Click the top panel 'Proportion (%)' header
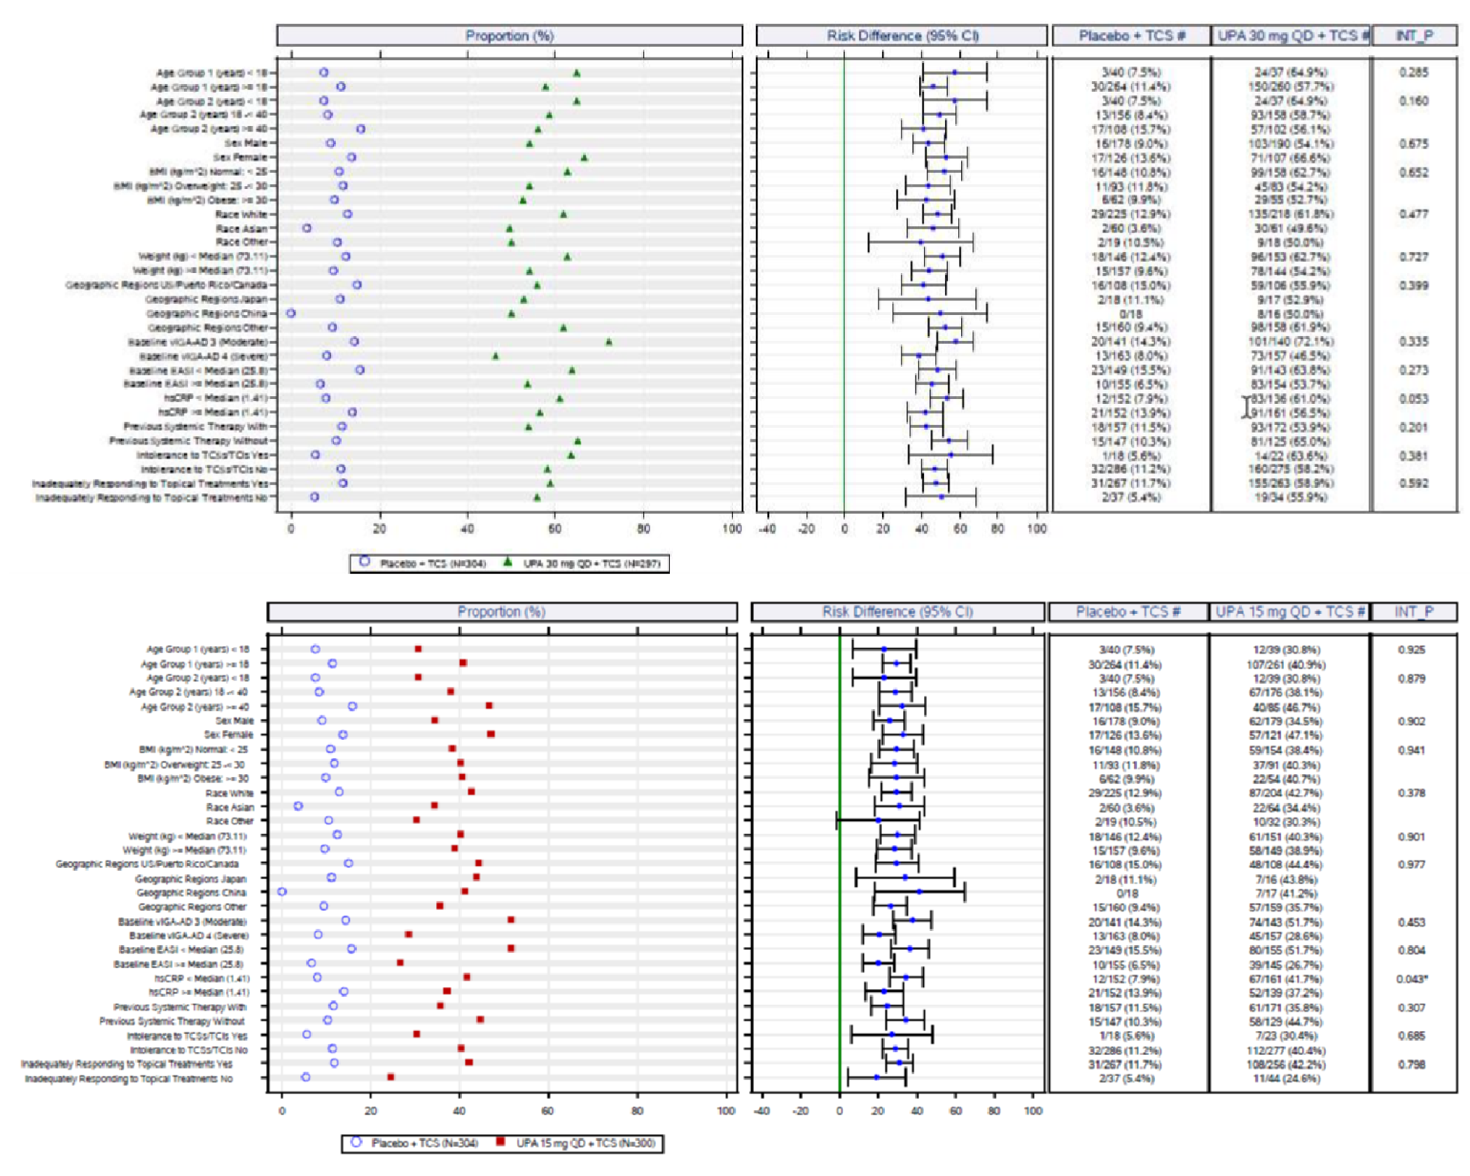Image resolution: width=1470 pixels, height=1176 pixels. (x=509, y=36)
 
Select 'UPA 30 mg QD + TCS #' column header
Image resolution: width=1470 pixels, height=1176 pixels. (x=1291, y=36)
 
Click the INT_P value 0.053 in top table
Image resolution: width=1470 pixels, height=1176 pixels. (x=1413, y=398)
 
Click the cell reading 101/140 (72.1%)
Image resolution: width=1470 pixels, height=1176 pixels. (x=1289, y=342)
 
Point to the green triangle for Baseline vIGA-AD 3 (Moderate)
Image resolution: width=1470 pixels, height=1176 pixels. (x=608, y=342)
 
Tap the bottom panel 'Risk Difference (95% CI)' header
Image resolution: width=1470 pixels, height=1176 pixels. (x=897, y=612)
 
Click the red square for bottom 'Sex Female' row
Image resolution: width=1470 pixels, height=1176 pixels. (x=491, y=734)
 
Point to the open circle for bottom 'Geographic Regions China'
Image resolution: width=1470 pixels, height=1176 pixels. (x=282, y=891)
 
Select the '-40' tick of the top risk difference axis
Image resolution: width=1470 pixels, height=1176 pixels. (x=767, y=528)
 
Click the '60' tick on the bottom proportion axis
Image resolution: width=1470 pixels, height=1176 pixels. (x=547, y=1110)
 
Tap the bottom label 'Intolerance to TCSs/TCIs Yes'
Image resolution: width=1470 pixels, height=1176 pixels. (x=187, y=1035)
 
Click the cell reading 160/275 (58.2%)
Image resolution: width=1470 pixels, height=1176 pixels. (x=1289, y=469)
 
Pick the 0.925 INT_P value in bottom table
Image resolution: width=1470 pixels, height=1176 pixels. (x=1411, y=650)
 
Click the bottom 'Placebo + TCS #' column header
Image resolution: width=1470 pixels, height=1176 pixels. (x=1128, y=612)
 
